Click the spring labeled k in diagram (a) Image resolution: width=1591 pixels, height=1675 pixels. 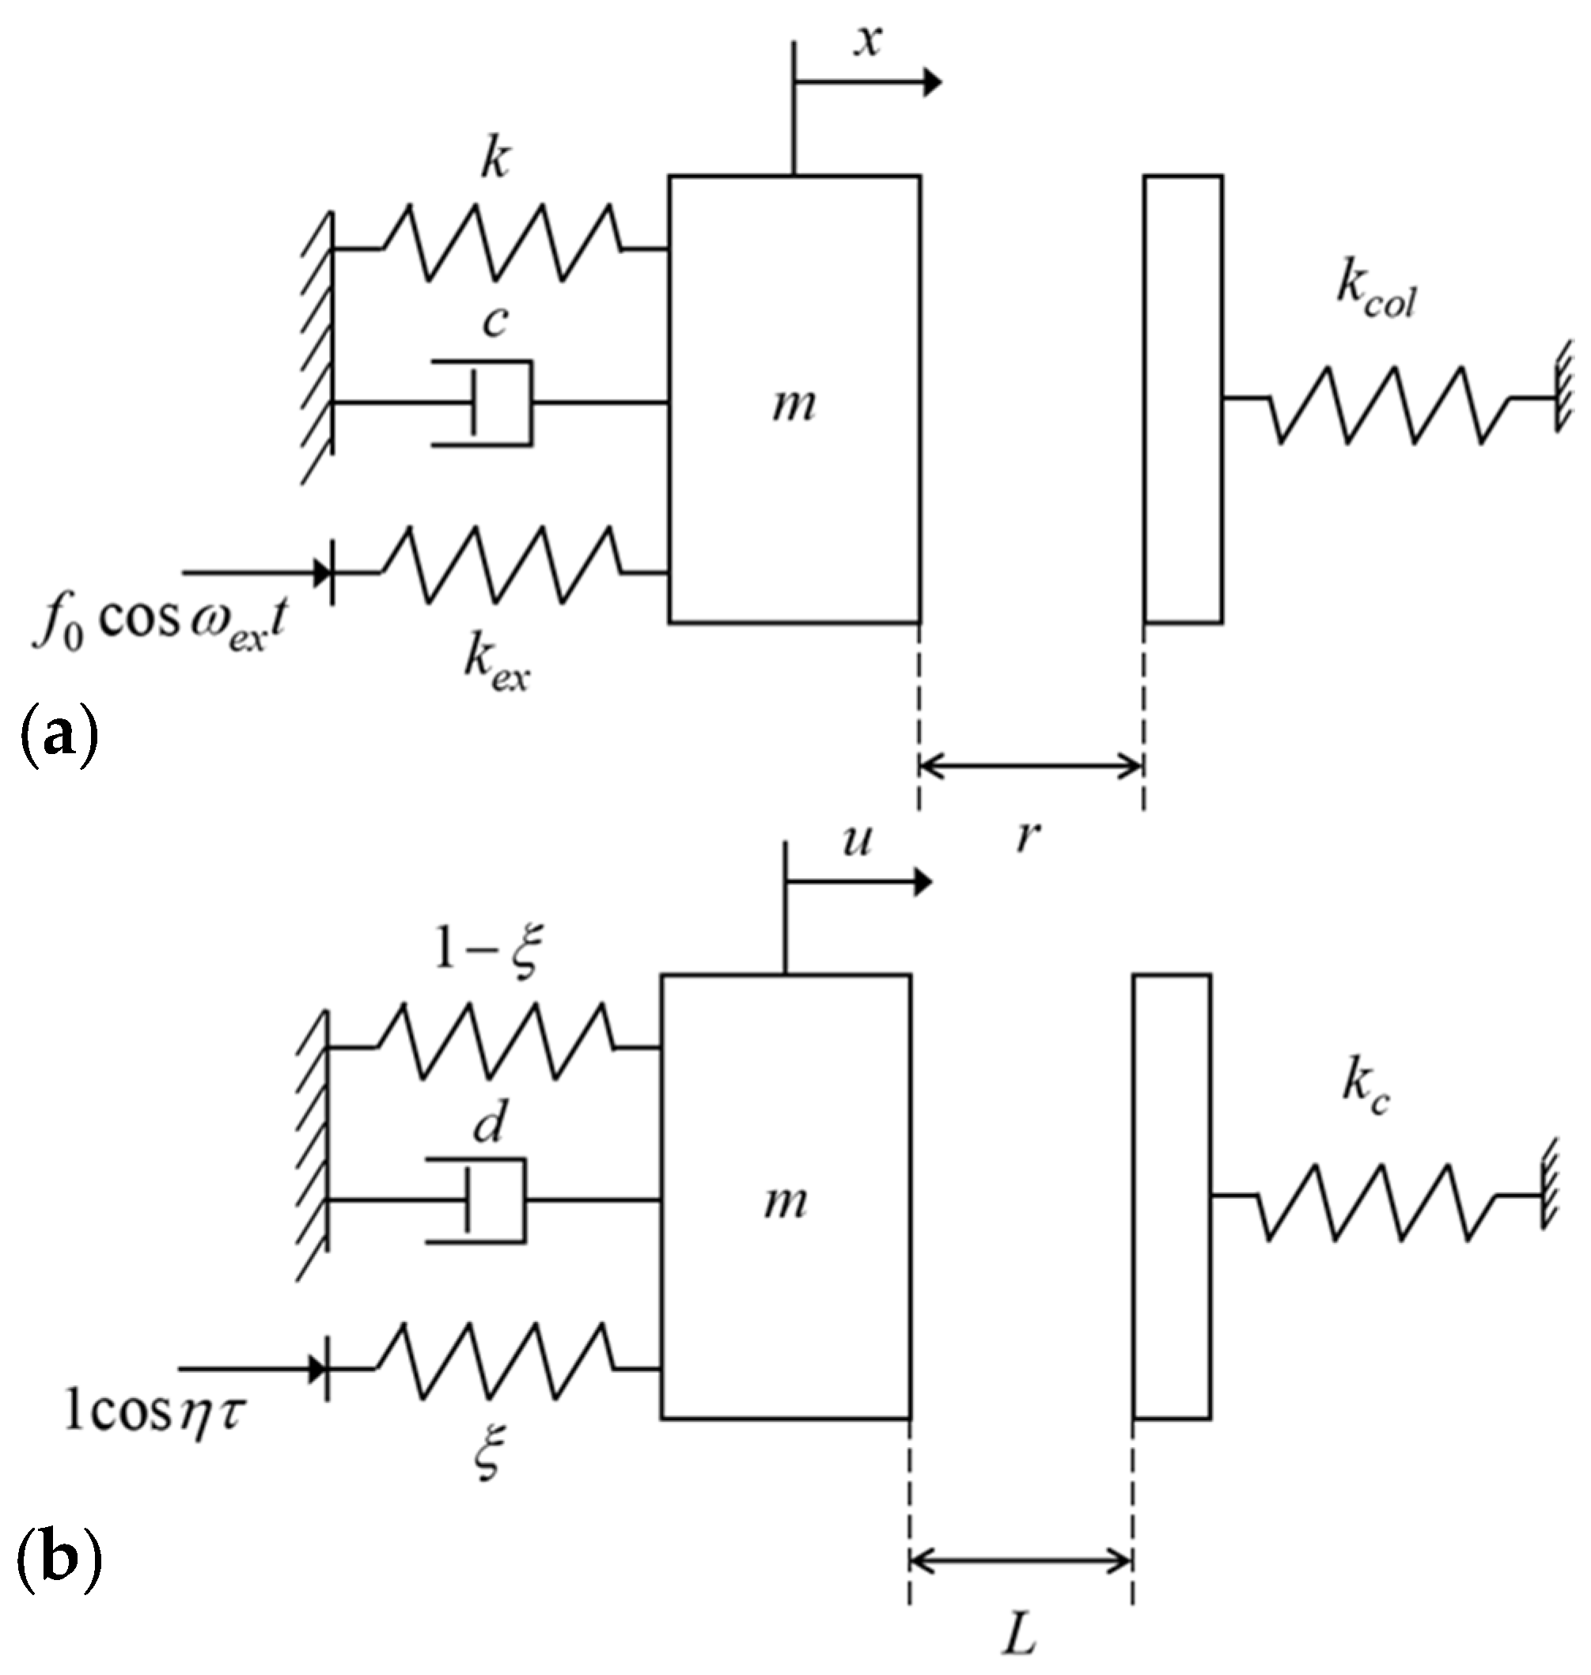(x=500, y=243)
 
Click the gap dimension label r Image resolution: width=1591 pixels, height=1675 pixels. (x=1027, y=836)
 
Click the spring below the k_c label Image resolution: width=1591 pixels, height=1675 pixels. (x=1378, y=1203)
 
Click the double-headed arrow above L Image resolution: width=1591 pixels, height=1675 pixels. (x=1021, y=1559)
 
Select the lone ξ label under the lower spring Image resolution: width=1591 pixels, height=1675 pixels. (x=490, y=1451)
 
